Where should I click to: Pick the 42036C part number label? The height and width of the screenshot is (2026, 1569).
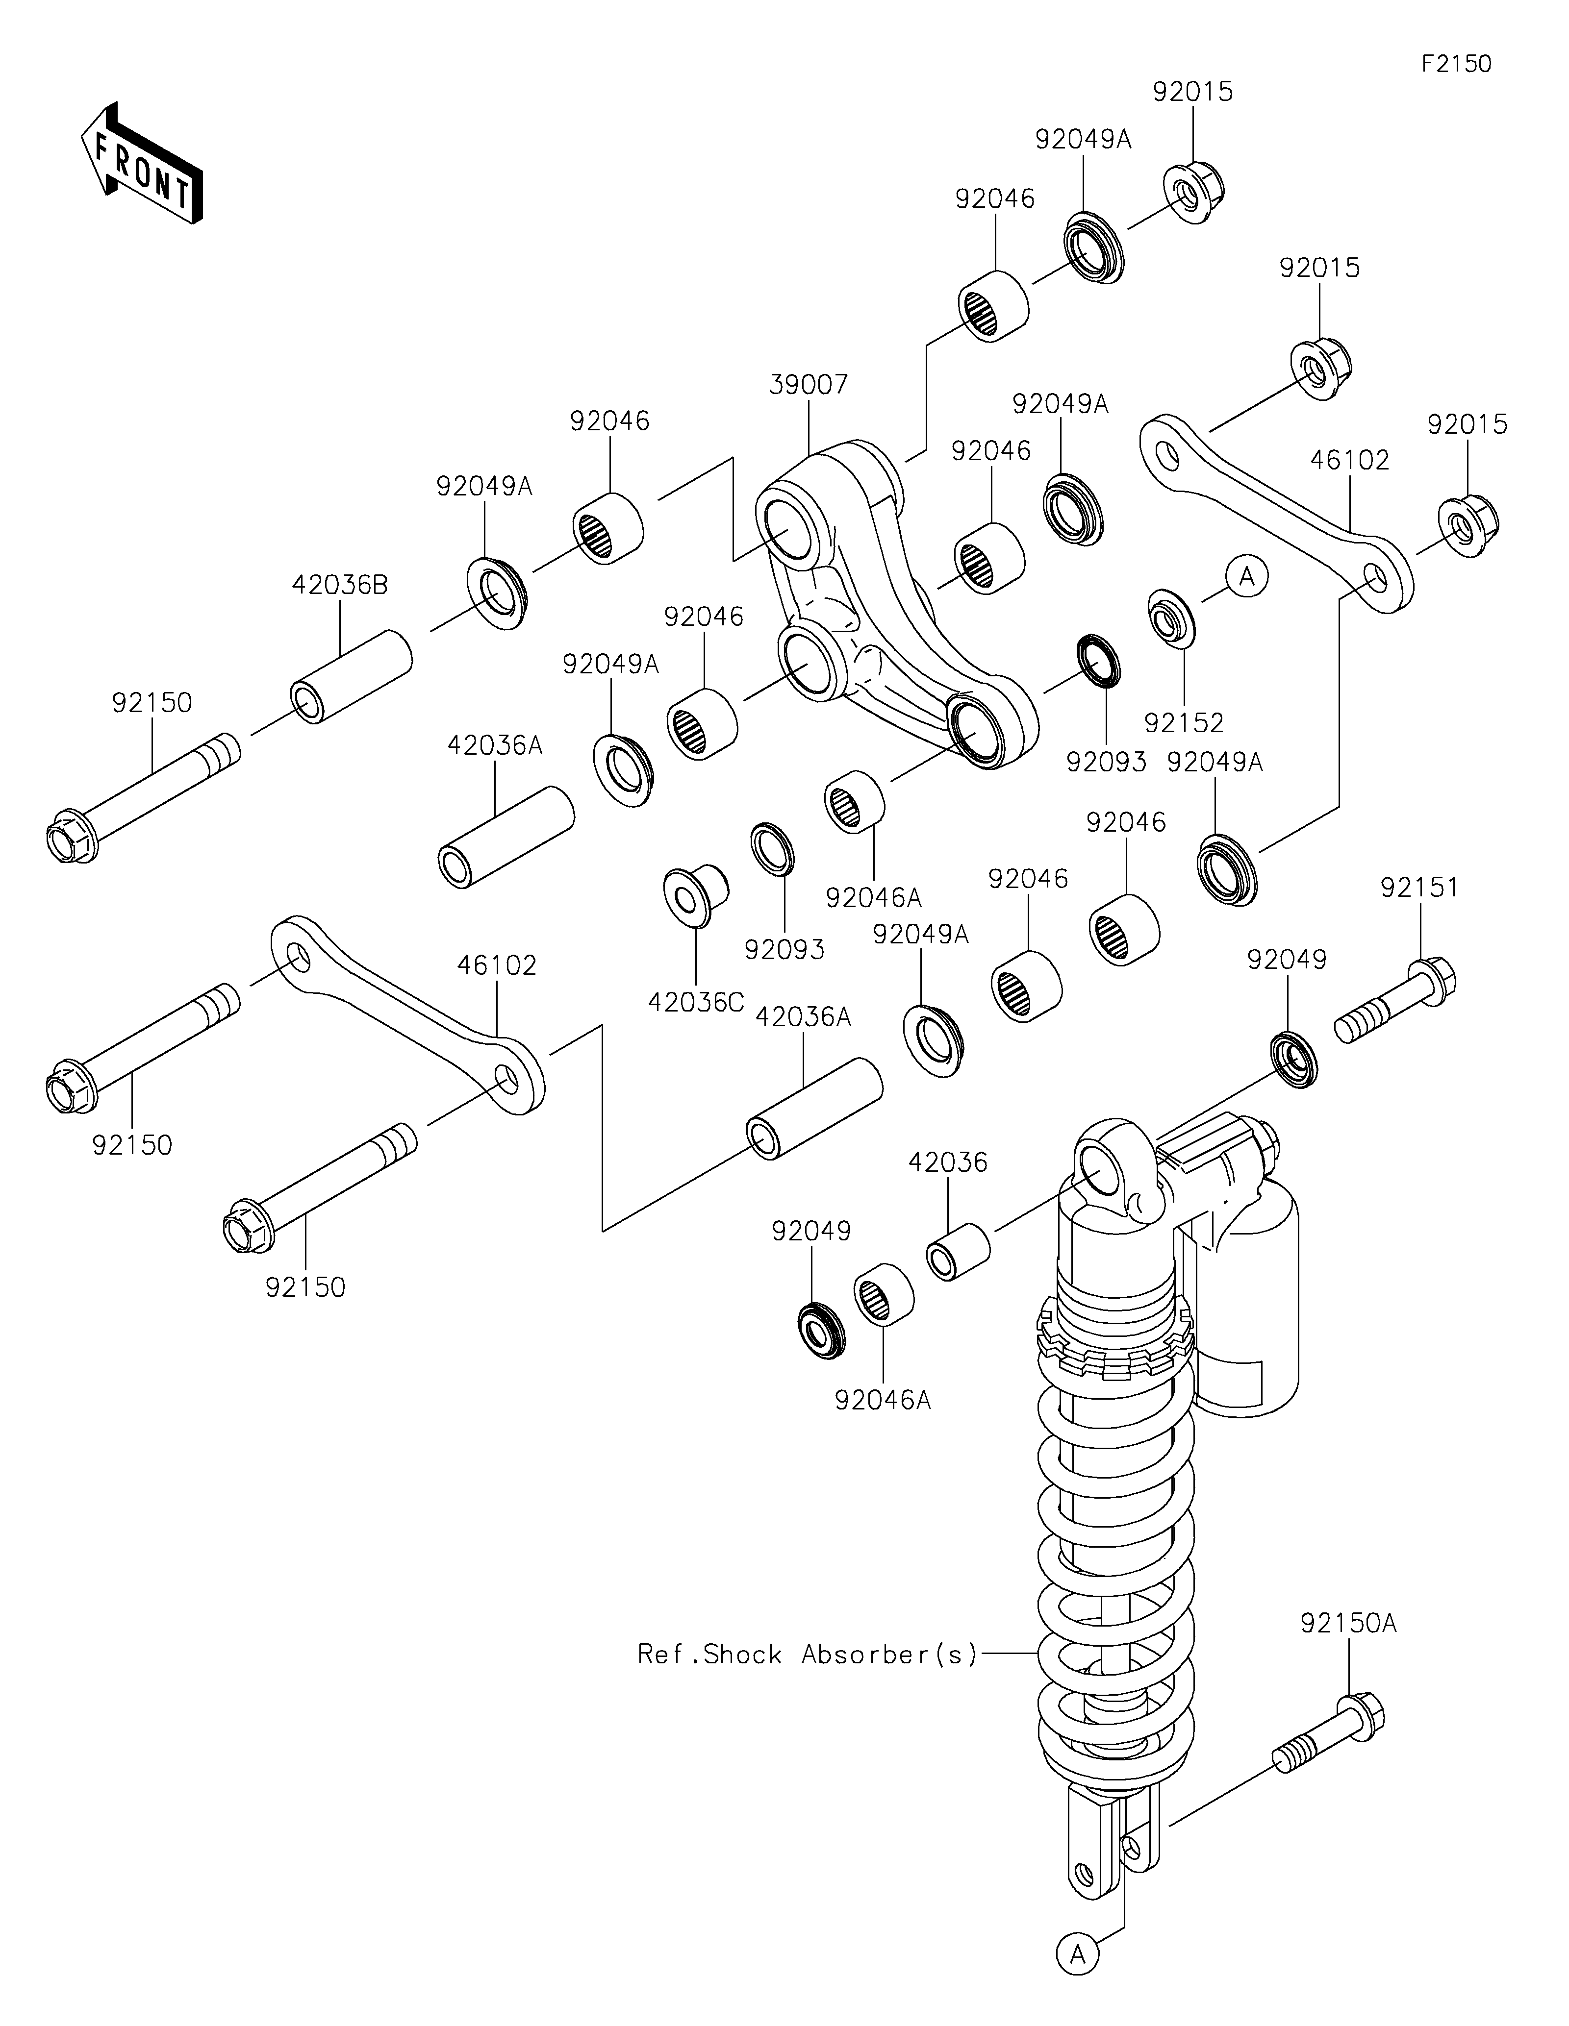pos(696,1003)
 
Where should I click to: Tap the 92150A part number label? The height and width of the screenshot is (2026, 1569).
pos(1348,1623)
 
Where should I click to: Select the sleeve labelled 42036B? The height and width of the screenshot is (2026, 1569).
pos(351,676)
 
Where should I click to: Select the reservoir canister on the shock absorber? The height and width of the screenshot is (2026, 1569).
pos(1248,1299)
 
